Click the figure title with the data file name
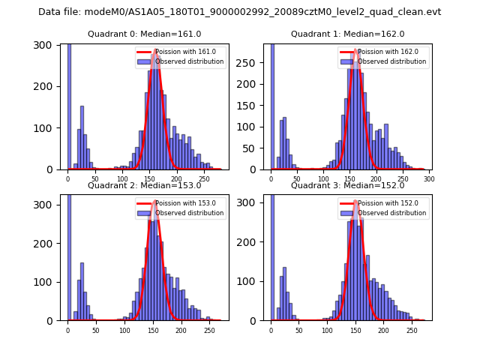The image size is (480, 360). coord(239,12)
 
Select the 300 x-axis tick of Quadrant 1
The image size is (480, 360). coord(429,180)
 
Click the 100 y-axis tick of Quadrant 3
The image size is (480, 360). coord(254,282)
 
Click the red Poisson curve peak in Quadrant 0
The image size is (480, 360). coord(155,50)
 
